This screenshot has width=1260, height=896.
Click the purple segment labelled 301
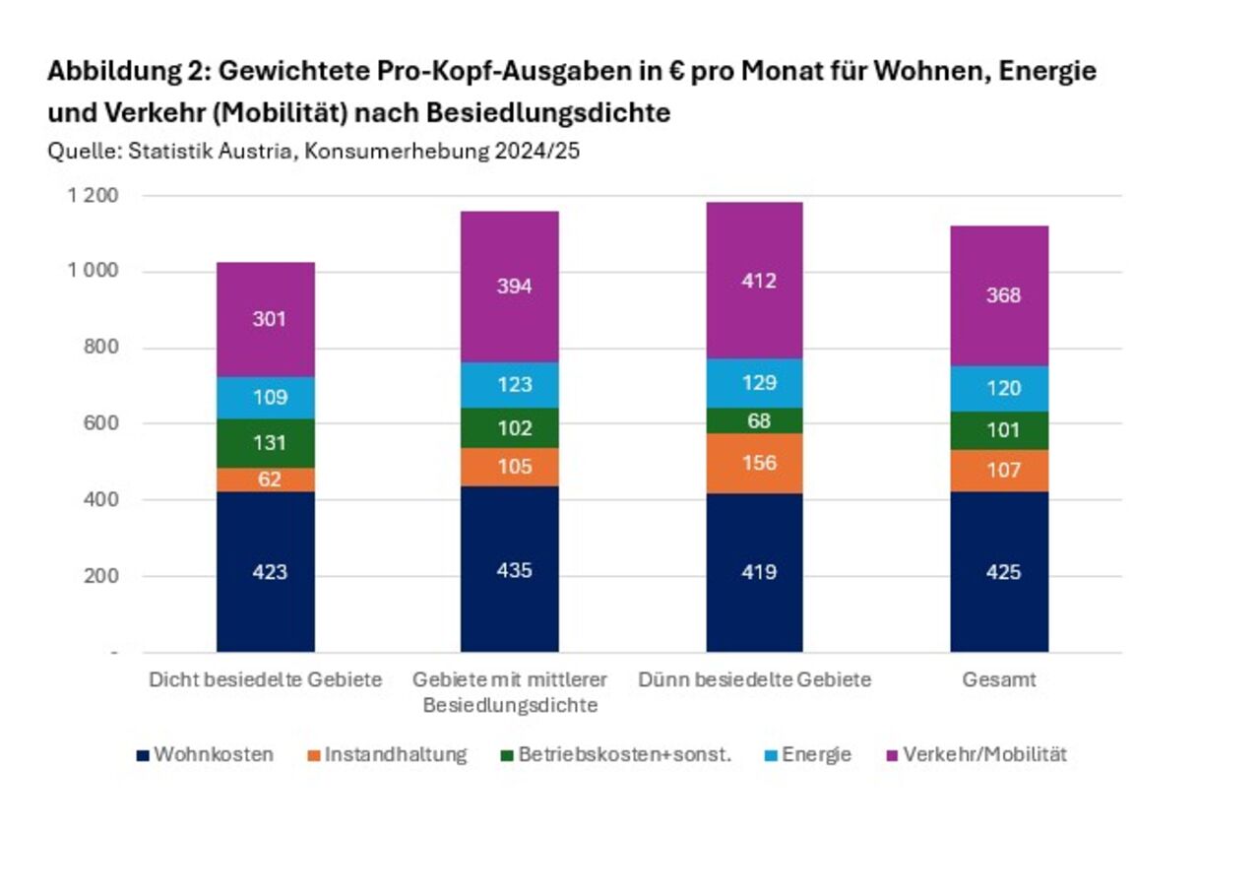266,319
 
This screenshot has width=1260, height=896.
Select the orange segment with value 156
754,463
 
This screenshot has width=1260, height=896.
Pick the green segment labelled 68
754,420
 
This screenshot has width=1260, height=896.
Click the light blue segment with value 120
999,388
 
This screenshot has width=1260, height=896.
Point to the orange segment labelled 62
266,480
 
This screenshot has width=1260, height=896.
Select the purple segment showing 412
754,281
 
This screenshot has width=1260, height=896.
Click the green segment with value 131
266,442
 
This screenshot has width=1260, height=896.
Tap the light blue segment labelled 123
510,384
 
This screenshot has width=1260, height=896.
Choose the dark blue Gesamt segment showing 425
999,571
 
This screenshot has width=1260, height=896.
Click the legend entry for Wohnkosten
205,755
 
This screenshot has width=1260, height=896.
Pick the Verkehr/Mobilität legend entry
976,755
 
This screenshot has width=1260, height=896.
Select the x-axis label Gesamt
999,680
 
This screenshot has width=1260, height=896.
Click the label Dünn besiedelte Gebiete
754,680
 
